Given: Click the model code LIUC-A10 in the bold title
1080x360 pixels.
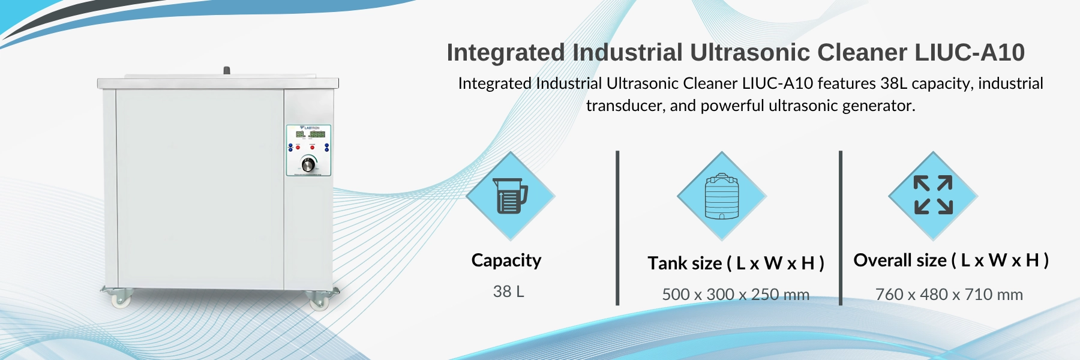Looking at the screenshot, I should point(970,53).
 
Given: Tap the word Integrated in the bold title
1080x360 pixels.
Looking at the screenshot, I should point(506,53).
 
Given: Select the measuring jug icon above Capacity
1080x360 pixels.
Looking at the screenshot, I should point(510,196).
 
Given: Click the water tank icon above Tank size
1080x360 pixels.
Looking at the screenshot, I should point(722,196).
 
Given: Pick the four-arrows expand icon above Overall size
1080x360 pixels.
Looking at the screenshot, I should point(933,195).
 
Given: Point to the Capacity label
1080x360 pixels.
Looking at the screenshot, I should point(506,260).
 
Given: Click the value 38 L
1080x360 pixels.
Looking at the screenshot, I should point(508,292).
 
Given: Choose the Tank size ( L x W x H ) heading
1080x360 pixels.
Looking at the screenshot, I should point(736,263).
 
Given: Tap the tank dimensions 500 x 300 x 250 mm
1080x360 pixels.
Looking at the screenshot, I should point(736,295).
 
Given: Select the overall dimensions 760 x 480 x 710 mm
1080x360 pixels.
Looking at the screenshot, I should point(949,295).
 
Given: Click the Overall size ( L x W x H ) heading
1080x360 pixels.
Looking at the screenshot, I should point(951,260).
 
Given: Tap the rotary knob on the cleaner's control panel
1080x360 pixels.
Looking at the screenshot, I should point(308,164).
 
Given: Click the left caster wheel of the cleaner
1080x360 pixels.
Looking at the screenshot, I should point(121,299).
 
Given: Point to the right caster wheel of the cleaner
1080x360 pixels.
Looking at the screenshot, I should point(318,300).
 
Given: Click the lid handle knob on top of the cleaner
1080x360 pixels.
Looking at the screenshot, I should point(226,71).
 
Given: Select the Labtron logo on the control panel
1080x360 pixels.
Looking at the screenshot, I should point(310,128).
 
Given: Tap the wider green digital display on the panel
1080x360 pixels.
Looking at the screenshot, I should point(317,134).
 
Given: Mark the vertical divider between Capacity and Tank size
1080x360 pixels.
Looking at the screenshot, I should point(617,228).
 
